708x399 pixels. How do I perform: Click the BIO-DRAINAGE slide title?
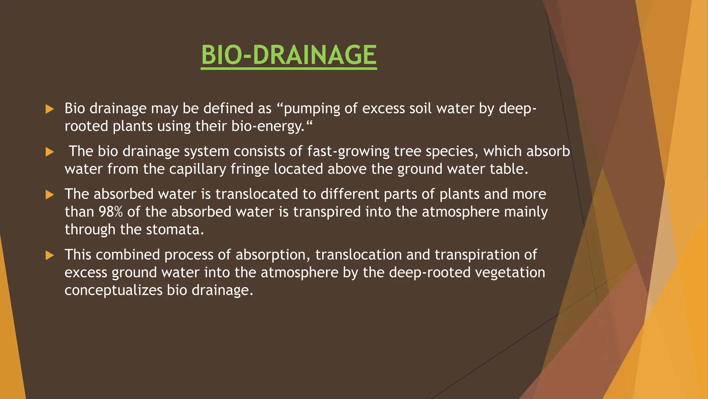289,55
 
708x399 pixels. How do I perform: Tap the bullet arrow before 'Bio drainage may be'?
50,109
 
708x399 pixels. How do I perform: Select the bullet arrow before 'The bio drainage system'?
50,152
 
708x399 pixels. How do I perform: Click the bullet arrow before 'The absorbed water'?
50,195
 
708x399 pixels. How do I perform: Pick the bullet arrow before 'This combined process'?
50,256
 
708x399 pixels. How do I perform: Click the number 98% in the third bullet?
111,212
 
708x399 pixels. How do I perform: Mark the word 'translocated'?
257,194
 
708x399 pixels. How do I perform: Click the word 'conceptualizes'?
113,290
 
